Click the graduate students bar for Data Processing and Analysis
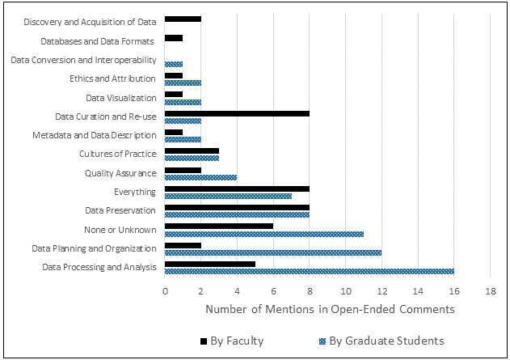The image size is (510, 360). pyautogui.click(x=309, y=270)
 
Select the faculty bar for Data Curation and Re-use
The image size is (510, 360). pyautogui.click(x=237, y=114)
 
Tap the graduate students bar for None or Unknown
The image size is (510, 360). pyautogui.click(x=263, y=233)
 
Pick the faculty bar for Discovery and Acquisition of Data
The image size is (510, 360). pyautogui.click(x=183, y=18)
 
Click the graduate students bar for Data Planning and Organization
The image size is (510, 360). pyautogui.click(x=272, y=252)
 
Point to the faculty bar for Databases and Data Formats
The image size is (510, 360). pyautogui.click(x=174, y=37)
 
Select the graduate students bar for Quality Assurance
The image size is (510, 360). pyautogui.click(x=200, y=177)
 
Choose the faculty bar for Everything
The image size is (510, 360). pyautogui.click(x=237, y=188)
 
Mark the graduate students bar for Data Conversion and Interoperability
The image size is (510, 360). pyautogui.click(x=174, y=63)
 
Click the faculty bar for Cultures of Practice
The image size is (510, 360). pyautogui.click(x=192, y=150)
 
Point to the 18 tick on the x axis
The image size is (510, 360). pyautogui.click(x=490, y=291)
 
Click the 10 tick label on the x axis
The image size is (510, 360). pyautogui.click(x=345, y=291)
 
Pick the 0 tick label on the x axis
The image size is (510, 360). pyautogui.click(x=165, y=291)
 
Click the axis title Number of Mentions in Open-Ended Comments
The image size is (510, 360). pyautogui.click(x=330, y=309)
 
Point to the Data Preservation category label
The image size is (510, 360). pyautogui.click(x=120, y=210)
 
